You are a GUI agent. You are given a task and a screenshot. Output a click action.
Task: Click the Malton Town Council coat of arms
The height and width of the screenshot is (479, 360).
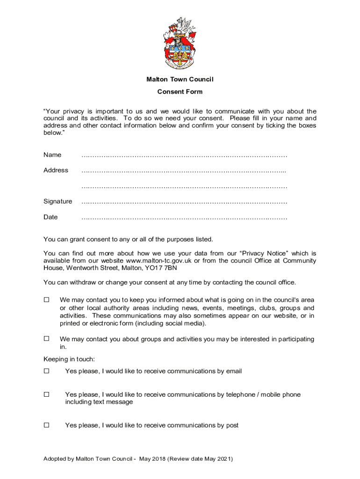(x=180, y=43)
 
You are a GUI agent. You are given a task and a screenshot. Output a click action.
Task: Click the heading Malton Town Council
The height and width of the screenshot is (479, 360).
(x=180, y=80)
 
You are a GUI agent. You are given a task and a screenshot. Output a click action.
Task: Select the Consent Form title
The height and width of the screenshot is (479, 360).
(x=180, y=92)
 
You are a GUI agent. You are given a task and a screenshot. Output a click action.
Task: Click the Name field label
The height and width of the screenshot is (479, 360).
(x=52, y=155)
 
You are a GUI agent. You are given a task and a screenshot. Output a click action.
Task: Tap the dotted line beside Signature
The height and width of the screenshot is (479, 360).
(x=184, y=202)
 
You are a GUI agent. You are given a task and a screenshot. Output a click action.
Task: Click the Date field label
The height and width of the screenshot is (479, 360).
(x=50, y=217)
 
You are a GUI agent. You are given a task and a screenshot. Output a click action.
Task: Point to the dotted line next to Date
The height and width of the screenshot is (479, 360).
(x=184, y=218)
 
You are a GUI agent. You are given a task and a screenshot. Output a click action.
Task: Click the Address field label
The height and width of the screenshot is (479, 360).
(x=56, y=170)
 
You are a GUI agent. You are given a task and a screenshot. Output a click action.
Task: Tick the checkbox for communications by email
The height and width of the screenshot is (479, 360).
(x=46, y=371)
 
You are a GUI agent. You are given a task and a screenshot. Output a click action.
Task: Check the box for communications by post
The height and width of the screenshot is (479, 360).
(x=46, y=425)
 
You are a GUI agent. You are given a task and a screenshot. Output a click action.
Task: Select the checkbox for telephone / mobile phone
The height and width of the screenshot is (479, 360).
(x=46, y=394)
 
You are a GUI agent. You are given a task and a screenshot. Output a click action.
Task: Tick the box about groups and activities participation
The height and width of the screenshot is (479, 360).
(x=46, y=339)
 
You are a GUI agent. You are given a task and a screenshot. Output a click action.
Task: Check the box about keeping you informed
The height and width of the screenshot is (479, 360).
(x=46, y=299)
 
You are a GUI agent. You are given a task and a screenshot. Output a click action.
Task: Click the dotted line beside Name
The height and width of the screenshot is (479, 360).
(x=184, y=155)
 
